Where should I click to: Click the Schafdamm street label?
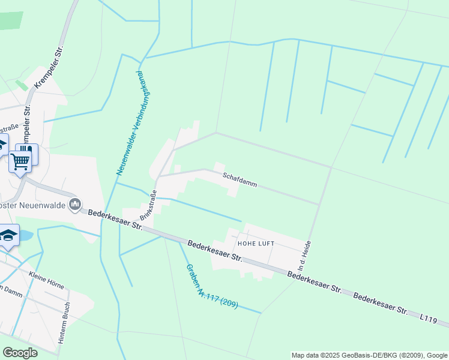[x=240, y=180]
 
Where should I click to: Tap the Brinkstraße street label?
[x=148, y=205]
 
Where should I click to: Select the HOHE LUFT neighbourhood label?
[x=256, y=244]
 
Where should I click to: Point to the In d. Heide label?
[x=304, y=256]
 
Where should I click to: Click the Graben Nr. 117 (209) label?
[x=211, y=287]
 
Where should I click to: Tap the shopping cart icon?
[x=20, y=161]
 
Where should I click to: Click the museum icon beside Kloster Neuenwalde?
[x=75, y=205]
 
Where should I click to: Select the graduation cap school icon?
[x=8, y=235]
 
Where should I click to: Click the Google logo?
[x=20, y=353]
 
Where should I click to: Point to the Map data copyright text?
[x=369, y=355]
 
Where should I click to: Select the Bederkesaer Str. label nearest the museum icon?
[x=115, y=220]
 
